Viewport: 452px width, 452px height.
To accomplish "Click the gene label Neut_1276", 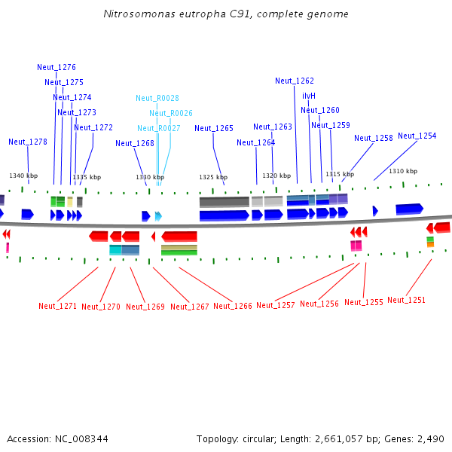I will (56, 67).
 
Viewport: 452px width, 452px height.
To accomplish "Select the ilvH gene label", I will (309, 96).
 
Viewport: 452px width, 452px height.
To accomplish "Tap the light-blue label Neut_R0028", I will (157, 98).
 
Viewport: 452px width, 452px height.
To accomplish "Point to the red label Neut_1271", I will (58, 306).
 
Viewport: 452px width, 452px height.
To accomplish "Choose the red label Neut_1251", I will (406, 300).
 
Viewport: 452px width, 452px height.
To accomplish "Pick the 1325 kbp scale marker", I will (213, 177).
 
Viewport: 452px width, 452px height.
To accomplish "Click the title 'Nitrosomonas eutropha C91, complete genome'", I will (226, 14).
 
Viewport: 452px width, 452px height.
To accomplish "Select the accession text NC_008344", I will (57, 438).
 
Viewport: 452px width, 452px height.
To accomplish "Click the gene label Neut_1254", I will (417, 136).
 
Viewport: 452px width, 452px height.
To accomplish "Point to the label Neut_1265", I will (214, 128).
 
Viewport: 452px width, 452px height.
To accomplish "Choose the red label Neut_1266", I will (233, 306).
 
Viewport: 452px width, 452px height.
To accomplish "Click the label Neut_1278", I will (28, 142).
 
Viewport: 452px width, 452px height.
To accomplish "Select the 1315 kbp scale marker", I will (340, 174).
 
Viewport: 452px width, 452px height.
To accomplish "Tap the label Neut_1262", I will (295, 81).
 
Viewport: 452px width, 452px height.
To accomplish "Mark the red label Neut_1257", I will (276, 305).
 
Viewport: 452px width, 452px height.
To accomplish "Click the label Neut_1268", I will (135, 143).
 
